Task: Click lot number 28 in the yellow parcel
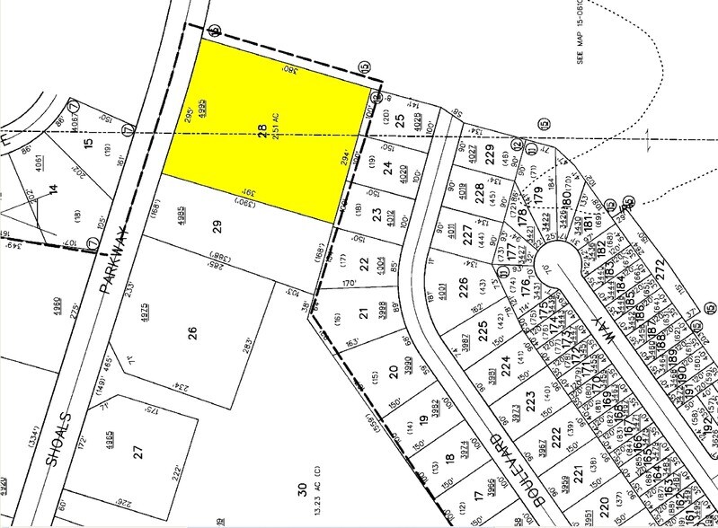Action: coord(262,130)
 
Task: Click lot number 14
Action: coord(53,189)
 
